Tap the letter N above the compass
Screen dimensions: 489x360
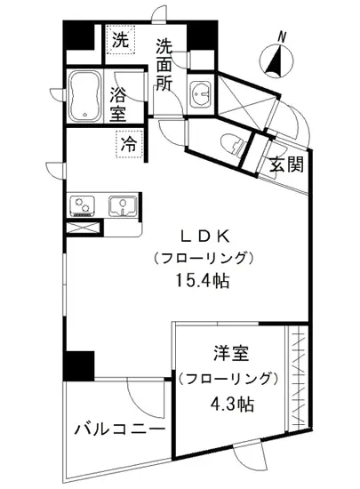[282, 36]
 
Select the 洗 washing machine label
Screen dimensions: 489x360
[118, 40]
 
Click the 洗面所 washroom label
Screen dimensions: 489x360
[164, 65]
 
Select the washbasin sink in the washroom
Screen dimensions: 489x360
[201, 92]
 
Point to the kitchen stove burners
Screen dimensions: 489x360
[84, 205]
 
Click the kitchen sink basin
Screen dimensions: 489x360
[120, 205]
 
